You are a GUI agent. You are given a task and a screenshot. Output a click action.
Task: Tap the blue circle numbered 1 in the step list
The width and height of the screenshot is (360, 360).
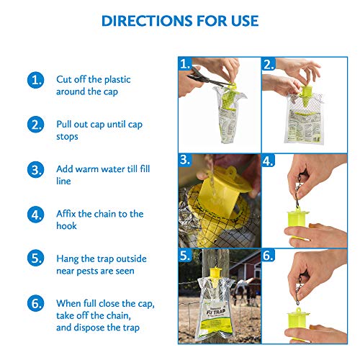pyautogui.click(x=35, y=80)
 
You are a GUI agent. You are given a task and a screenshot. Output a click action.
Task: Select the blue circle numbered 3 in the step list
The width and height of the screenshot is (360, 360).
pyautogui.click(x=35, y=170)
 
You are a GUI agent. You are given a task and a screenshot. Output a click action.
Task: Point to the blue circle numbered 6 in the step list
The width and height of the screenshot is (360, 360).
pyautogui.click(x=35, y=303)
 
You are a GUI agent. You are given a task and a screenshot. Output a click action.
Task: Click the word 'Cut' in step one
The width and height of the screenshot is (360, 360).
pyautogui.click(x=65, y=79)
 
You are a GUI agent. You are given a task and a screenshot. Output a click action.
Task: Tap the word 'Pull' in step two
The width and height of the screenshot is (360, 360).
pyautogui.click(x=66, y=125)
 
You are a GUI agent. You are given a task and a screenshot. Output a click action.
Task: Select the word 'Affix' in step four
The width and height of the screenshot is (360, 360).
pyautogui.click(x=70, y=214)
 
